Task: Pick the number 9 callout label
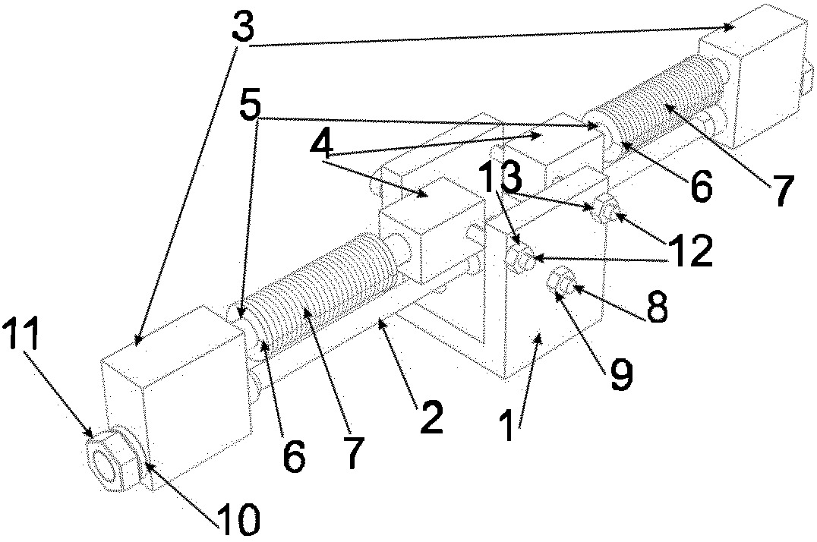click(621, 376)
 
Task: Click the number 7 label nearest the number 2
click(351, 452)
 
